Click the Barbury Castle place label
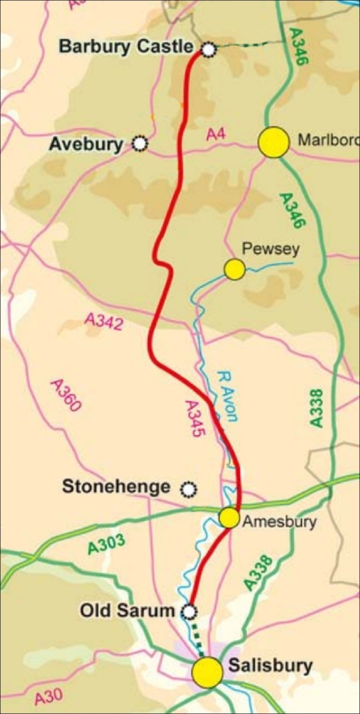point(126,47)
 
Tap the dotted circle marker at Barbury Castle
point(208,49)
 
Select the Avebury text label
point(86,144)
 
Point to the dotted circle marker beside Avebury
point(140,144)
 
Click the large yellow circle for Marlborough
point(273,142)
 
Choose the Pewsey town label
point(270,250)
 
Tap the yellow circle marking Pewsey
point(234,269)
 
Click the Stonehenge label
point(116,487)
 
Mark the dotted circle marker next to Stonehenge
point(188,489)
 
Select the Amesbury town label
point(277,522)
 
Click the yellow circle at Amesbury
point(229,518)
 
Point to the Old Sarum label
point(126,611)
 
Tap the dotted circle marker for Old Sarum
point(188,612)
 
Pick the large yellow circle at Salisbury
point(207,672)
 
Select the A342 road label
point(103,321)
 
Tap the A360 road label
point(66,395)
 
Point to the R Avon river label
point(227,395)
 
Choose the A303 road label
point(106,544)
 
